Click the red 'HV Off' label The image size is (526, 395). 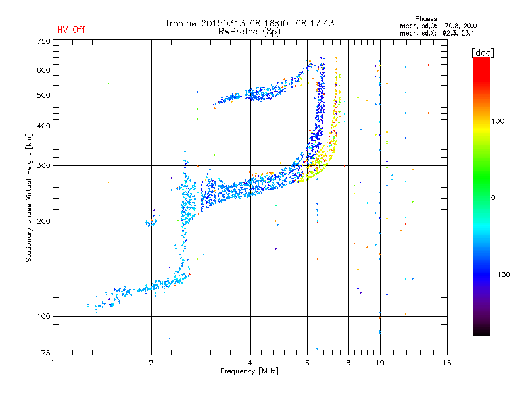71,30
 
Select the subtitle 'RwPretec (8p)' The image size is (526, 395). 249,32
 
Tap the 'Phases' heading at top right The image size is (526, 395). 425,19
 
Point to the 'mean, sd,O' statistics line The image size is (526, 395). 438,26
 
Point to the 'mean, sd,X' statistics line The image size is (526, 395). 437,33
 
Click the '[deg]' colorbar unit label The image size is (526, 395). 483,53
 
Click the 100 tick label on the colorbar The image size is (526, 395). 498,121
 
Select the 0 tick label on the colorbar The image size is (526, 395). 493,198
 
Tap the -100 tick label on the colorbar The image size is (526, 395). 500,275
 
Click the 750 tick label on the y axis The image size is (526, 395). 43,41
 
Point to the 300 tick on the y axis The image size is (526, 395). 43,166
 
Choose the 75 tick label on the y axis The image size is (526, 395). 46,353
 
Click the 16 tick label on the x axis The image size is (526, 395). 447,363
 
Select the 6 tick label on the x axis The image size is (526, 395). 307,363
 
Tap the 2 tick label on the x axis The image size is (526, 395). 151,363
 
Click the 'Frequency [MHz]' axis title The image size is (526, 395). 249,371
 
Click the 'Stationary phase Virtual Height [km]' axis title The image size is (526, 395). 29,197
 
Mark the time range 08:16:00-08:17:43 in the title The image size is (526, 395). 292,23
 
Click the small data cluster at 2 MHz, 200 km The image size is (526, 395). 151,223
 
